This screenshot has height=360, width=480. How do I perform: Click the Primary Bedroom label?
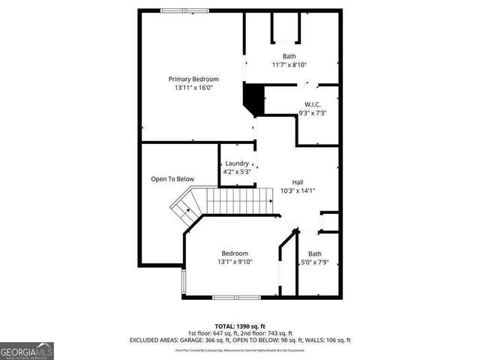click(x=193, y=79)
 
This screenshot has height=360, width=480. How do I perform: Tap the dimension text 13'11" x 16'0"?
click(x=193, y=88)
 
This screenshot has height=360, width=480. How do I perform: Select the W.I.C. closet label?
click(x=313, y=104)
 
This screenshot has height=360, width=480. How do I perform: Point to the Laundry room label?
click(x=237, y=163)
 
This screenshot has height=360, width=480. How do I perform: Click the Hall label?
click(x=298, y=181)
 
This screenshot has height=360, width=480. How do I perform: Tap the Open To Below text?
click(x=172, y=179)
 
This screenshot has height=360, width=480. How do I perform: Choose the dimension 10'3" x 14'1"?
click(x=298, y=190)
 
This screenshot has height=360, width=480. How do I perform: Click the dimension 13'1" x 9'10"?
click(x=235, y=262)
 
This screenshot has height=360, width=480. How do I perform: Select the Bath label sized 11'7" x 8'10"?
click(x=289, y=56)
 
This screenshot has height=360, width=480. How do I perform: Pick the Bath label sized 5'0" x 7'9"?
click(x=315, y=253)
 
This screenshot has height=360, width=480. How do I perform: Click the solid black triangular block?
click(x=253, y=97)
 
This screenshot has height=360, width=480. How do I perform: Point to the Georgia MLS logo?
click(x=27, y=351)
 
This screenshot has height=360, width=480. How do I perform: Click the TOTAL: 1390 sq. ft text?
click(x=240, y=326)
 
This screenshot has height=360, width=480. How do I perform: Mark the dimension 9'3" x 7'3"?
click(x=313, y=113)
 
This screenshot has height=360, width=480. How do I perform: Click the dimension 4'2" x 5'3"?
click(x=237, y=172)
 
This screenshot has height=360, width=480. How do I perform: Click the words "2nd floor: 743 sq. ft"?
click(x=268, y=333)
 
